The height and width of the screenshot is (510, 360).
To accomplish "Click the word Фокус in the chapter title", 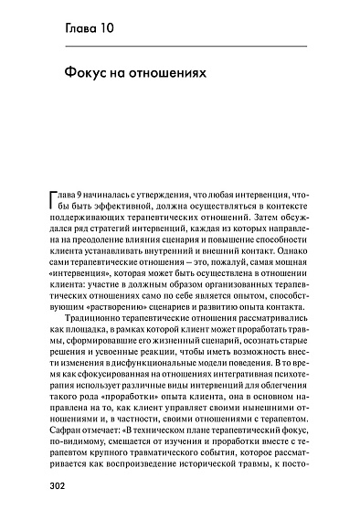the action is tap(90, 70).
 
